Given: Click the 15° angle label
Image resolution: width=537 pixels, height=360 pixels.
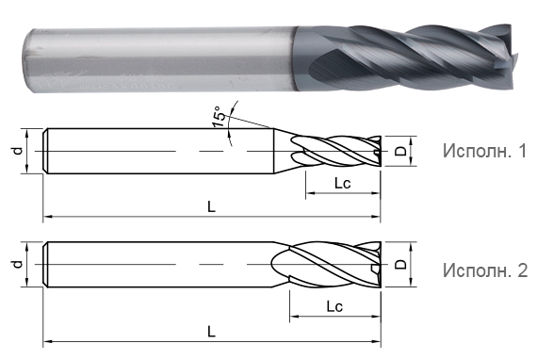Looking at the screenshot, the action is (x=220, y=116).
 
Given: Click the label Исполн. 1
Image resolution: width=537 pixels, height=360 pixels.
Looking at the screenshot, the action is (x=484, y=151).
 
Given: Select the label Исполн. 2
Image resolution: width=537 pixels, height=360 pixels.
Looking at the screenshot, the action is (x=485, y=270).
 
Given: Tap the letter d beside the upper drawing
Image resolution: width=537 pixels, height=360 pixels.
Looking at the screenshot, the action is (x=18, y=151).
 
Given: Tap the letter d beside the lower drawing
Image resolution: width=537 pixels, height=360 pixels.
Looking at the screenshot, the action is (x=18, y=264).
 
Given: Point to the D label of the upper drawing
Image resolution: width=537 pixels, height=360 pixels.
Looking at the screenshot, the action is (x=400, y=151).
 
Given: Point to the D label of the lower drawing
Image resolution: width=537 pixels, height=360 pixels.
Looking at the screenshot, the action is (x=400, y=264).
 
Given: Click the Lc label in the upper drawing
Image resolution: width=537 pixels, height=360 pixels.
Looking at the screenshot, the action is (x=343, y=183).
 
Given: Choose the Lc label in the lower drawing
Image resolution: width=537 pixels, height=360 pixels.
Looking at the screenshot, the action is (x=334, y=306).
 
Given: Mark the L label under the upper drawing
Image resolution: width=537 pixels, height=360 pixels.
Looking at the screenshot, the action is (x=212, y=206).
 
